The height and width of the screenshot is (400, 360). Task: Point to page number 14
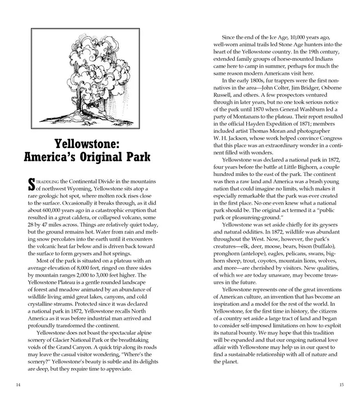coord(17,384)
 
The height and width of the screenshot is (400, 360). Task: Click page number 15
coord(342,384)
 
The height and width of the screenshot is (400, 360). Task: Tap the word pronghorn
coord(228,254)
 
